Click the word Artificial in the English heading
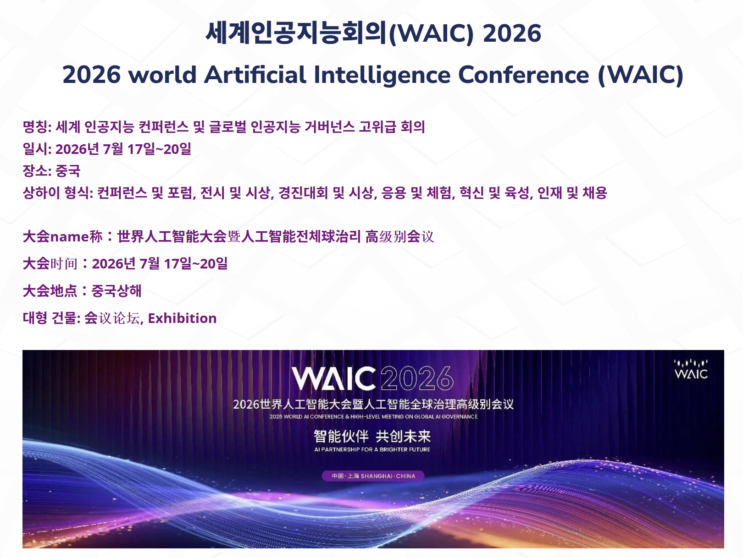(255, 74)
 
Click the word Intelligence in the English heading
(382, 75)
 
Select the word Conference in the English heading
(523, 74)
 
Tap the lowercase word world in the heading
(163, 74)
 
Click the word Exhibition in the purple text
(182, 318)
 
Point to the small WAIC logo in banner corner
(691, 369)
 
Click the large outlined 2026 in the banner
(417, 378)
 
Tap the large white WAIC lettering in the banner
(333, 378)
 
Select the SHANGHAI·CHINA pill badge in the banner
(373, 476)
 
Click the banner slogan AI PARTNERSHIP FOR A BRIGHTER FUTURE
(372, 449)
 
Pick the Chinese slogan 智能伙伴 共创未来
(372, 436)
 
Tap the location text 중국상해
(116, 291)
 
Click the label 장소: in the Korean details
(37, 171)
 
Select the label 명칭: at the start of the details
(37, 127)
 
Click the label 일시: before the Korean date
(37, 149)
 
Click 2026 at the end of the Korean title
(512, 33)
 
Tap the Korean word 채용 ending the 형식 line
(595, 193)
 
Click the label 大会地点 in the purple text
(50, 291)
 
